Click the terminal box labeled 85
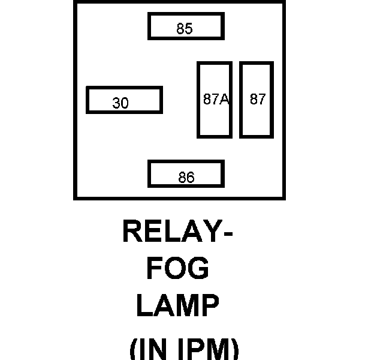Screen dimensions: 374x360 coord(186,26)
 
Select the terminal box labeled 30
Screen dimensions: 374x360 coord(124,100)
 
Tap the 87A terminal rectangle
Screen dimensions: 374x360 coord(215,100)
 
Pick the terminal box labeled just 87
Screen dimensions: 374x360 coord(257,100)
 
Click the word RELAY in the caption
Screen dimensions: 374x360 coord(168,231)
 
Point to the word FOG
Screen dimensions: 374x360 coord(178,268)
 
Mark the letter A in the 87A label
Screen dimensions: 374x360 coord(225,100)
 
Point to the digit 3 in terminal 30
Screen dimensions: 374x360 coord(116,103)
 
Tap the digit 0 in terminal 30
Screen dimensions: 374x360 coord(125,103)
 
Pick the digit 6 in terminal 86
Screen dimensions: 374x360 coord(191,178)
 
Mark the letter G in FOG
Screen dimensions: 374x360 coord(198,268)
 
